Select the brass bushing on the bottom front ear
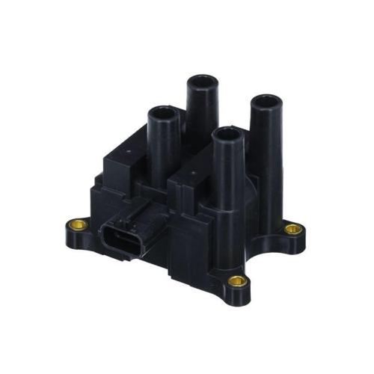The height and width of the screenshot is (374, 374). (x=239, y=281)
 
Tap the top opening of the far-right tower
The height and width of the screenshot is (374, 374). (x=261, y=99)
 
